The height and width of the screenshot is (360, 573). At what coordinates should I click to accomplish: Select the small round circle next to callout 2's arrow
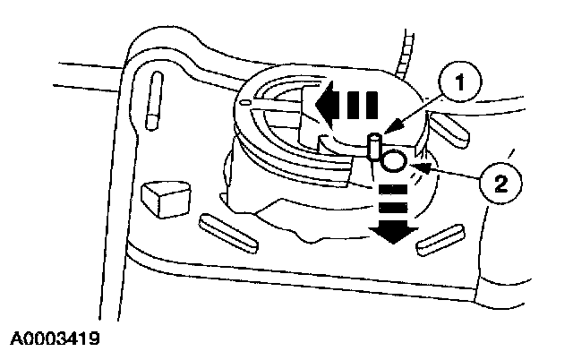pyautogui.click(x=393, y=162)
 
